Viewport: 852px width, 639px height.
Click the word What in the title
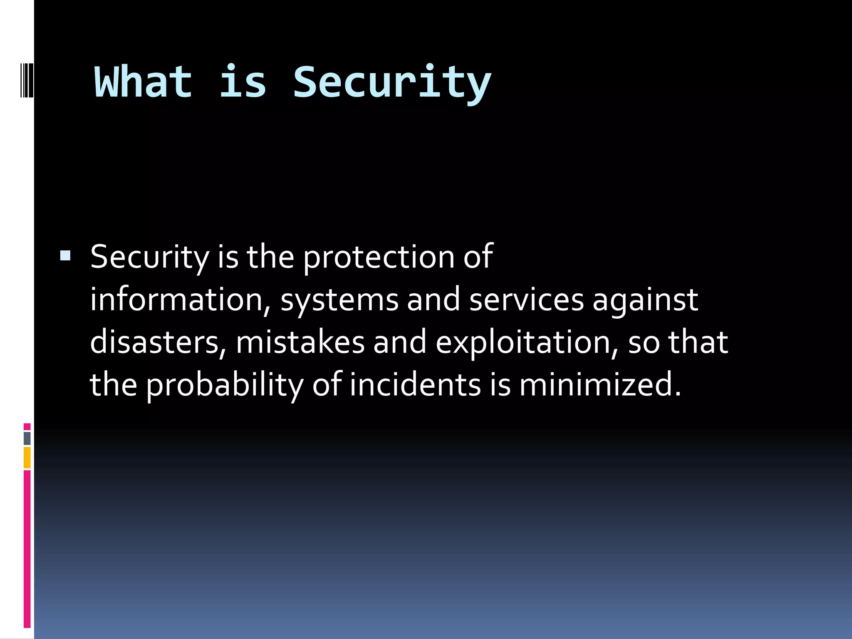144,82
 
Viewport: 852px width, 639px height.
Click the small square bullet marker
65,255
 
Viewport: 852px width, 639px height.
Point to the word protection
378,257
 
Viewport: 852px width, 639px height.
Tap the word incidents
415,384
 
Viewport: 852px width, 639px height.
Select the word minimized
599,384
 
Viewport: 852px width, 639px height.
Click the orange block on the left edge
27,458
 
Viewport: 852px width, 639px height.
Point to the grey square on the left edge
27,438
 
